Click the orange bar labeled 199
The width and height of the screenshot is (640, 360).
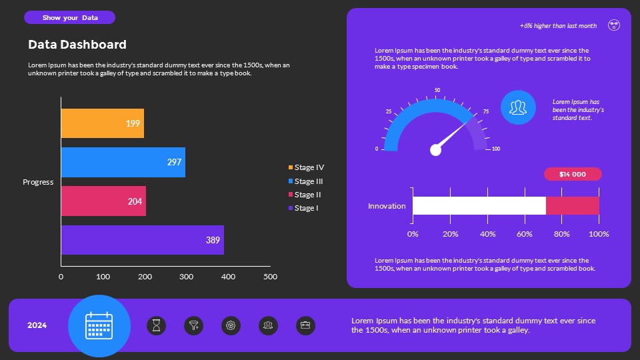tap(103, 123)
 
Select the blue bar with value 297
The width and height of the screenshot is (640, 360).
tap(123, 162)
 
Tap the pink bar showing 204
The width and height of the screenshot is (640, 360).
tap(103, 201)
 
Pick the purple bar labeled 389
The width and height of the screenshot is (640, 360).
tap(143, 240)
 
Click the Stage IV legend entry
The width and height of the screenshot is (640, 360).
tap(306, 167)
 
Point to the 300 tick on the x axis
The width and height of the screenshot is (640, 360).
tap(186, 276)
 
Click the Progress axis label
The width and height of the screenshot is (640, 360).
tap(38, 182)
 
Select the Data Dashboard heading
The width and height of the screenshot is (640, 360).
tap(77, 45)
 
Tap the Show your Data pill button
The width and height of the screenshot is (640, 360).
tap(70, 17)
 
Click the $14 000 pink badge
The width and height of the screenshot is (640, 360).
tap(573, 174)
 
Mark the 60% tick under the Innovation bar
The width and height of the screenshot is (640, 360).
tap(525, 234)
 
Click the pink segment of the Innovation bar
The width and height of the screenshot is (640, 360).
tap(573, 206)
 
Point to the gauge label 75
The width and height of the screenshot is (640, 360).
tap(485, 111)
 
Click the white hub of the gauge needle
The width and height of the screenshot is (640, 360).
tap(436, 150)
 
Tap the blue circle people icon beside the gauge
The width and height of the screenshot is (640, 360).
tap(518, 107)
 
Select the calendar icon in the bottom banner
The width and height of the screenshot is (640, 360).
tap(99, 326)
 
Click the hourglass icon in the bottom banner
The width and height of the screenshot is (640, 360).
tap(157, 326)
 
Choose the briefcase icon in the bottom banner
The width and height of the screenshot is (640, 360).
tap(305, 326)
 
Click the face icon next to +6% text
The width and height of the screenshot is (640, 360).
tap(614, 25)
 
